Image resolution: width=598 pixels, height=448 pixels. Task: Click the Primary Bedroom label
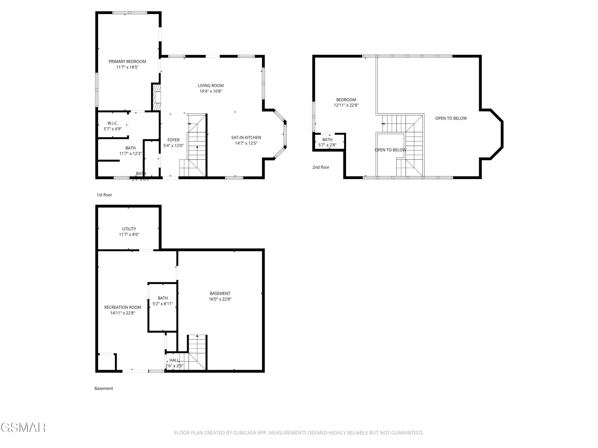127,62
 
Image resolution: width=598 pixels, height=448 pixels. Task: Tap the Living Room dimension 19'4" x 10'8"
211,91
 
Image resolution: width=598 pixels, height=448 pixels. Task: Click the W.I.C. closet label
112,123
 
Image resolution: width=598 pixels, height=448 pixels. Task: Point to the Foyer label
173,140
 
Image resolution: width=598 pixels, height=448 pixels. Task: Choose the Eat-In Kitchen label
246,137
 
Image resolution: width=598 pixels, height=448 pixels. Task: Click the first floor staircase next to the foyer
197,146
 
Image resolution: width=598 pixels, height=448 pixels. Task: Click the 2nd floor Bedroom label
346,100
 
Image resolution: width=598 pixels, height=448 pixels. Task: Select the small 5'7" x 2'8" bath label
327,145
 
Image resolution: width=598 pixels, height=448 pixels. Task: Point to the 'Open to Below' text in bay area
451,118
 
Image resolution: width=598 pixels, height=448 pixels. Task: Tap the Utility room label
129,229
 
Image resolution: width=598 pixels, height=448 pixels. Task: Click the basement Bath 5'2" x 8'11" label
162,298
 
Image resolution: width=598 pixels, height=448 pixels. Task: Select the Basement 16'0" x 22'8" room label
220,293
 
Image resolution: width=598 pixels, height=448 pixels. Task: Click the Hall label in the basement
174,360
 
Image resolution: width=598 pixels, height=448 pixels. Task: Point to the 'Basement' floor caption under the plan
103,388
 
